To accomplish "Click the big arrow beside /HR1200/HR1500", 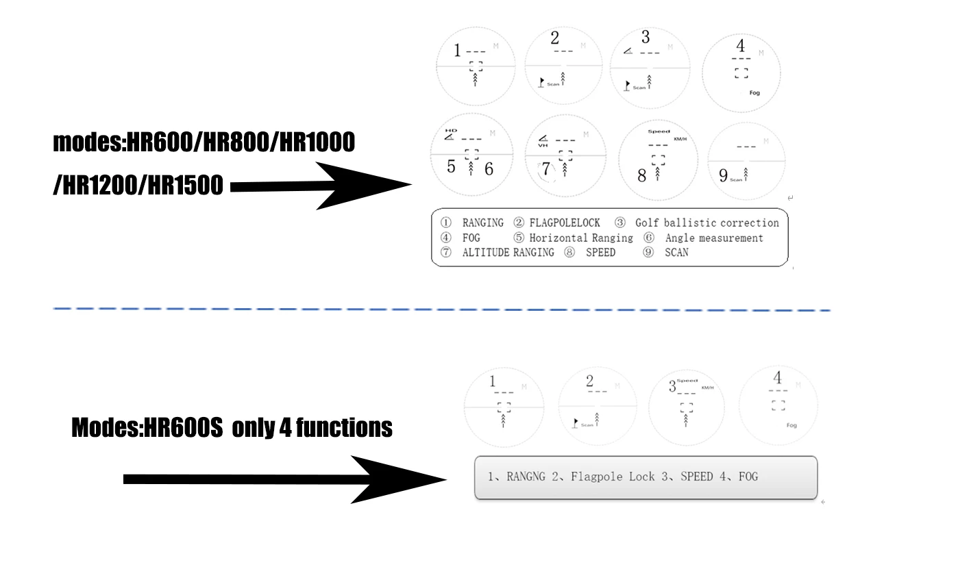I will pyautogui.click(x=322, y=186).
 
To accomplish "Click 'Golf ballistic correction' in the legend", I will pyautogui.click(x=706, y=223).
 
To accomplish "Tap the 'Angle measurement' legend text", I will pyautogui.click(x=713, y=238).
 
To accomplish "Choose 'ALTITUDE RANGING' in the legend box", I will pyautogui.click(x=508, y=253).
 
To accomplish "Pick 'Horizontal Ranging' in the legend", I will pyautogui.click(x=581, y=238).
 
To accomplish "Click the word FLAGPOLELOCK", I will pyautogui.click(x=565, y=223).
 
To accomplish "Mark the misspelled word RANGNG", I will pyautogui.click(x=526, y=477).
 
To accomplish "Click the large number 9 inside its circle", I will pyautogui.click(x=723, y=176).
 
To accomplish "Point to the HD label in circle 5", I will pyautogui.click(x=450, y=130).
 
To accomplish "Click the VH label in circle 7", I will pyautogui.click(x=543, y=145).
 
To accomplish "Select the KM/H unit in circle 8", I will pyautogui.click(x=680, y=139).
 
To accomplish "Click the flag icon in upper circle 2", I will pyautogui.click(x=541, y=82).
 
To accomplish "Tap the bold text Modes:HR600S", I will pyautogui.click(x=147, y=428).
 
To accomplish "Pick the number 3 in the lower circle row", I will pyautogui.click(x=672, y=386).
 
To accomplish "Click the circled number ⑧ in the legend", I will pyautogui.click(x=569, y=253).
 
